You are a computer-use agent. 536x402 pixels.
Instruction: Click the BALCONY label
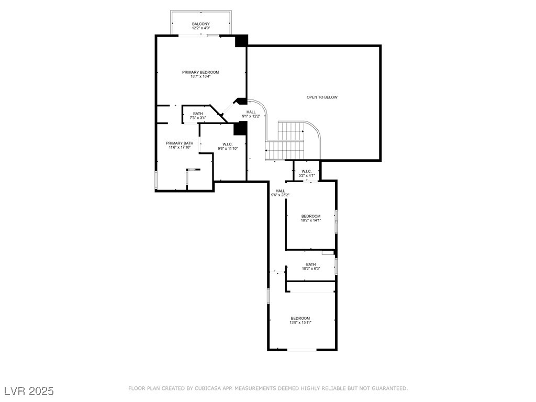coord(200,24)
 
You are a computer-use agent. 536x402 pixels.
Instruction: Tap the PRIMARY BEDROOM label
coord(200,72)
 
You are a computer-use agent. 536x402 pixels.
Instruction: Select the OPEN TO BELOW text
coord(322,97)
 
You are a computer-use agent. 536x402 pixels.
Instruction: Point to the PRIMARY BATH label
coord(180,143)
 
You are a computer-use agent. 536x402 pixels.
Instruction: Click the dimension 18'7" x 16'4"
coord(200,76)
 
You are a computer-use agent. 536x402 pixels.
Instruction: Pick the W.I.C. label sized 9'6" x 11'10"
coord(227,144)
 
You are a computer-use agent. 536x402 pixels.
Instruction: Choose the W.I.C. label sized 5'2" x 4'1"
coord(306,171)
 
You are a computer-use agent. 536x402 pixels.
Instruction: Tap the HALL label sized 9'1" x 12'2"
coord(251,112)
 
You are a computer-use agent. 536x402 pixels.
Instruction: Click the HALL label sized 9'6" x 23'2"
coord(281,191)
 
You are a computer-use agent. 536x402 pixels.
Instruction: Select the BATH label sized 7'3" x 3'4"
coord(198,114)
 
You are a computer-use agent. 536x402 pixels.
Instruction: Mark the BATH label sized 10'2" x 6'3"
coord(311,264)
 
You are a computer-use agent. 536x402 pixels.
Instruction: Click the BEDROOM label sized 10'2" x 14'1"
coord(311,216)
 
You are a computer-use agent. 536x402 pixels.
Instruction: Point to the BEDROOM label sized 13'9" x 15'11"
coord(300,318)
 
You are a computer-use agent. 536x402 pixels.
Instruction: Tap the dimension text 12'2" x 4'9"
coord(200,28)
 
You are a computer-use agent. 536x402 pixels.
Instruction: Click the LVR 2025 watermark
coord(29,390)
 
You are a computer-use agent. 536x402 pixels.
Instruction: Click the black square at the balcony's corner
coord(241,41)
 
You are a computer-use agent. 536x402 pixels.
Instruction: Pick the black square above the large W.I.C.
coord(240,128)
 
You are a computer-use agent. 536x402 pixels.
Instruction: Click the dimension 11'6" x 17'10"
coord(180,147)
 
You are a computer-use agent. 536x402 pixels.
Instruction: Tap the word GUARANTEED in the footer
coord(389,388)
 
